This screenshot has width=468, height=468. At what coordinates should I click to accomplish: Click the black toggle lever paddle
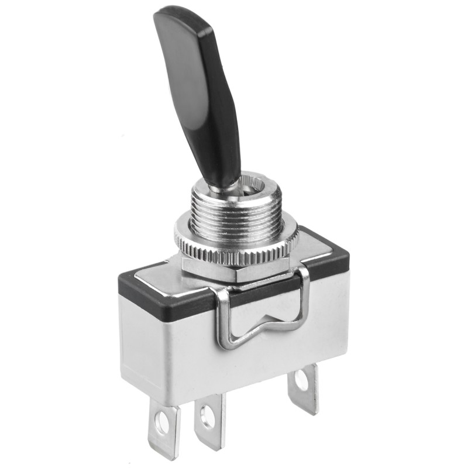[x=196, y=88]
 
